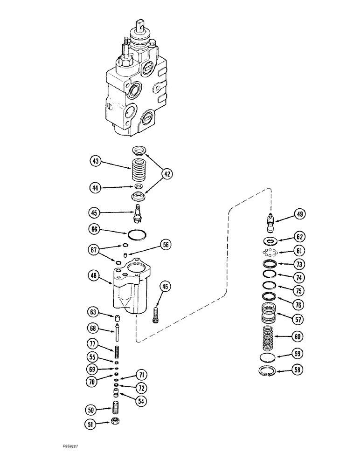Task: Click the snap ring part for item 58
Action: [267, 371]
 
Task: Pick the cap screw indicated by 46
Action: [156, 315]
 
